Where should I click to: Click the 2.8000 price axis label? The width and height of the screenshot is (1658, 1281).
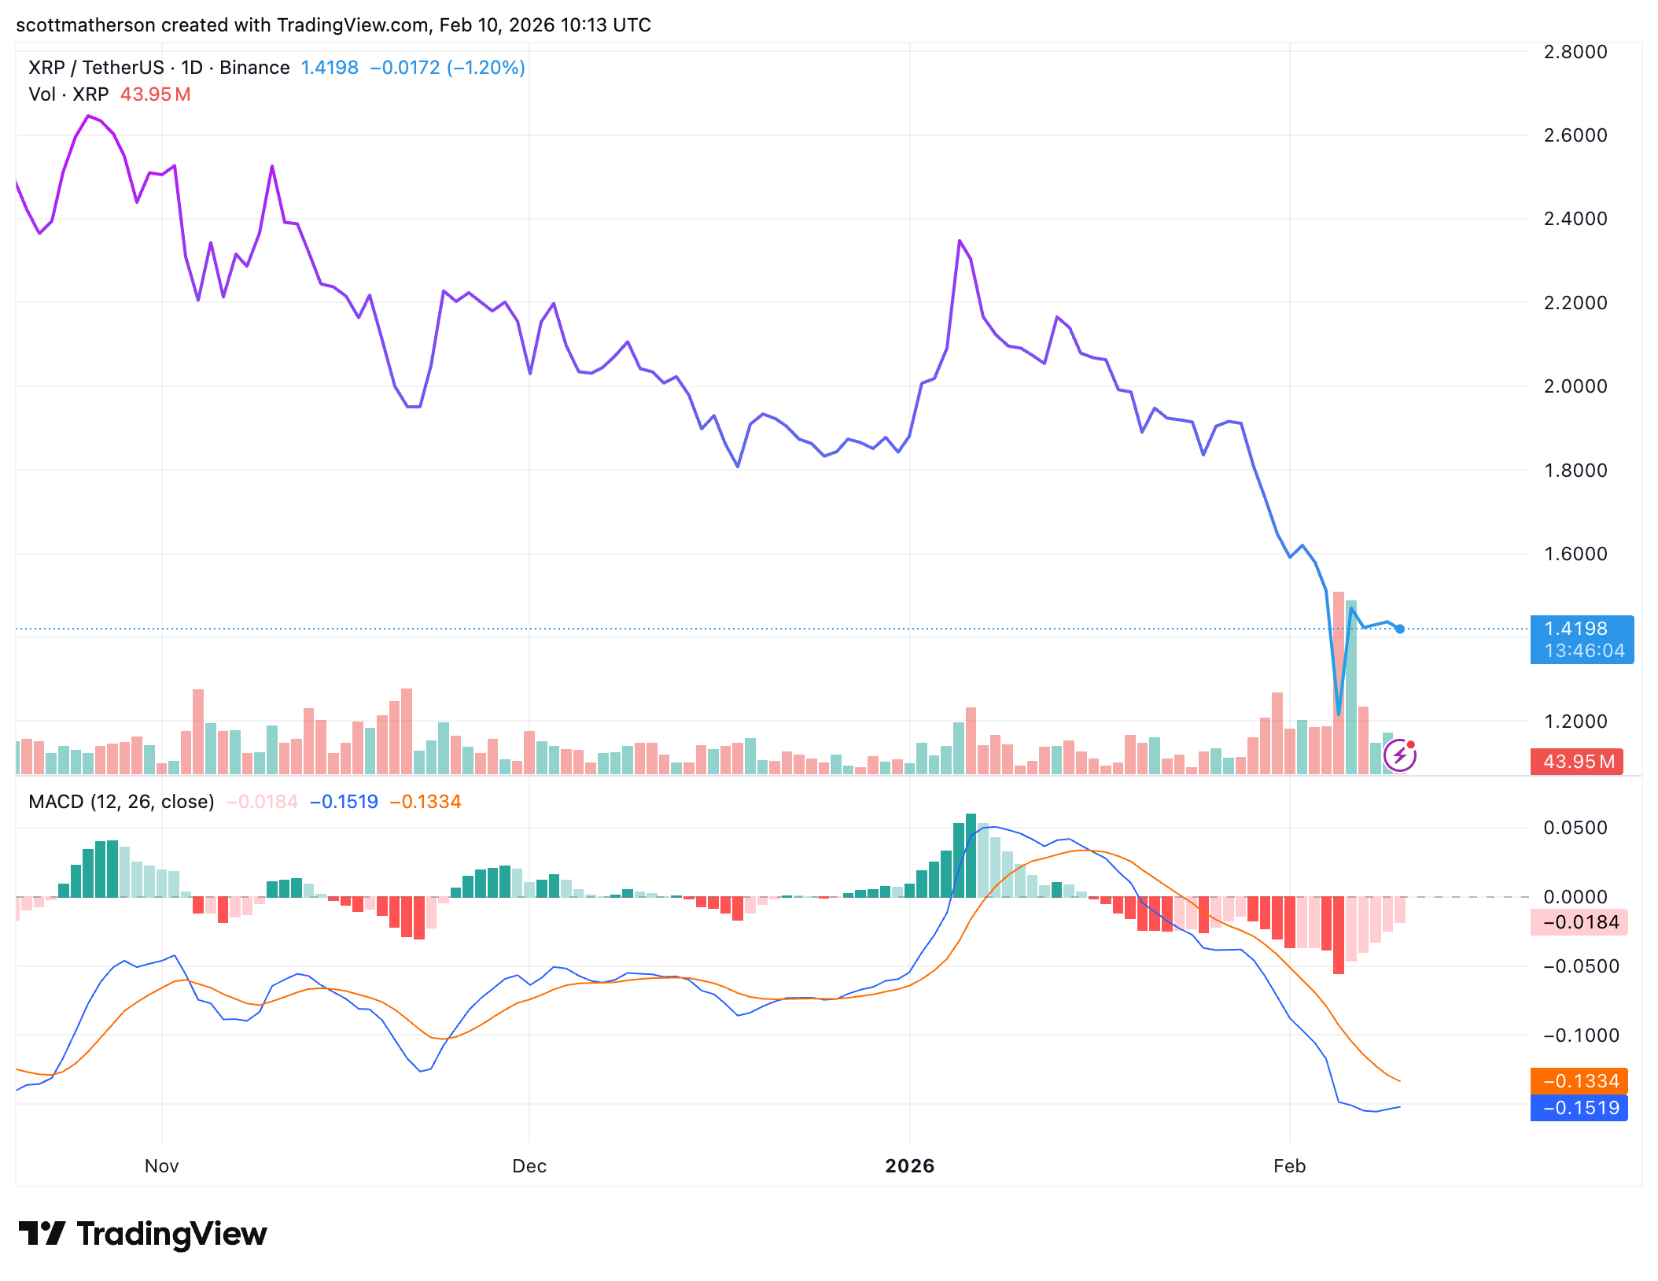point(1575,52)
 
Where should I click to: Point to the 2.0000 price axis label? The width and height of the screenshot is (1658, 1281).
point(1575,386)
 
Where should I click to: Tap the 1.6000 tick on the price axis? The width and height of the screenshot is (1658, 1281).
point(1575,554)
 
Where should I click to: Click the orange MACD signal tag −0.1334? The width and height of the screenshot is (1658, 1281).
point(1579,1081)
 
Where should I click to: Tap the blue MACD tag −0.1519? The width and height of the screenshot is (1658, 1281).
point(1579,1108)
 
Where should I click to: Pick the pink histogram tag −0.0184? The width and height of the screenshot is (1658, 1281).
point(1579,922)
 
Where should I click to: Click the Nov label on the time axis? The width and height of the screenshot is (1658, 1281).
point(161,1166)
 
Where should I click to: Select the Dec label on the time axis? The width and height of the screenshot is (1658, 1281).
point(529,1166)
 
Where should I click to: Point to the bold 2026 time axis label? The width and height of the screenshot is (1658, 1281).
point(909,1166)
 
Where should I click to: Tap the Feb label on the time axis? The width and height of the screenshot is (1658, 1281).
point(1289,1166)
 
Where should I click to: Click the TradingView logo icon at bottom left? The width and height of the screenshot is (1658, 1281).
point(41,1234)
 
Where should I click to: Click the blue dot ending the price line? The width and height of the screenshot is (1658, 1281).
point(1400,629)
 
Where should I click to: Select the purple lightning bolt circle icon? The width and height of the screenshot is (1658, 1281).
point(1400,756)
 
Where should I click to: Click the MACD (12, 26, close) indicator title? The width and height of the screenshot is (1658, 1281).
point(121,802)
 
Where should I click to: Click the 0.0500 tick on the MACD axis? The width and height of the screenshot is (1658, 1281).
point(1575,828)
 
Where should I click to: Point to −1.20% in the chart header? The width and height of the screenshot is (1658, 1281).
point(485,68)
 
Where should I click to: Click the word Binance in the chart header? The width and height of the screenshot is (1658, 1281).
point(254,68)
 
